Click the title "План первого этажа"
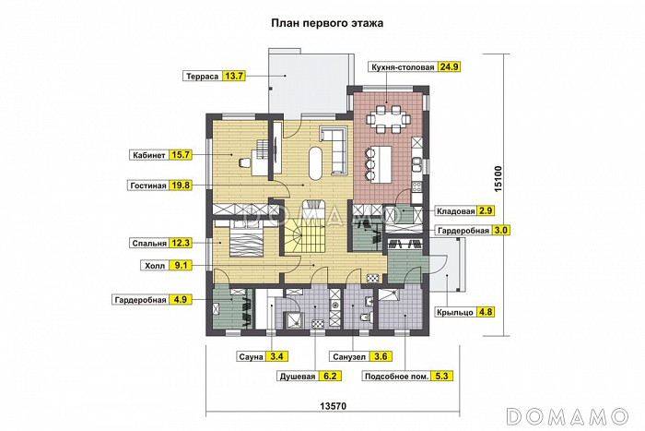click(x=326, y=24)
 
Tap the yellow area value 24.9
click(x=449, y=67)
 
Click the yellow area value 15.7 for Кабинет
click(x=181, y=155)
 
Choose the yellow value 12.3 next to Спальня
click(x=181, y=244)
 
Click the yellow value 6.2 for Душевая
click(x=331, y=376)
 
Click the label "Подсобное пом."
click(x=396, y=376)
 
